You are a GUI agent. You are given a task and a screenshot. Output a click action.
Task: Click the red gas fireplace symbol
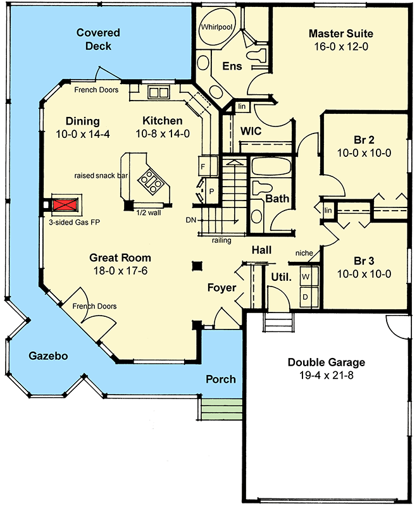click(63, 205)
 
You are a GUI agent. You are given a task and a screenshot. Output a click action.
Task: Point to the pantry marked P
click(211, 190)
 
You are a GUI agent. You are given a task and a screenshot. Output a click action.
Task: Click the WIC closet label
click(252, 132)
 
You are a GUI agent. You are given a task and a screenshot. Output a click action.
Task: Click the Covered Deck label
click(98, 39)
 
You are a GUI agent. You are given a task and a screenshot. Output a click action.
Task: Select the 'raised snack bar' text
click(97, 175)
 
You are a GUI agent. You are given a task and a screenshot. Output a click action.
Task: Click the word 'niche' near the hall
click(304, 254)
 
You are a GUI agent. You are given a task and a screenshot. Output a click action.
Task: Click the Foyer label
click(221, 288)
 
